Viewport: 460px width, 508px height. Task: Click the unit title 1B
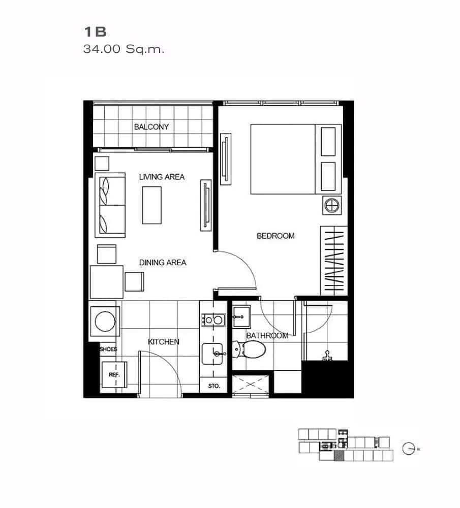pyautogui.click(x=95, y=32)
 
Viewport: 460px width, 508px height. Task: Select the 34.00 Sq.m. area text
pyautogui.click(x=124, y=50)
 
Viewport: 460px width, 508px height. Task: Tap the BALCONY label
pyautogui.click(x=151, y=126)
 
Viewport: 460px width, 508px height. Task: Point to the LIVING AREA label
pyautogui.click(x=162, y=177)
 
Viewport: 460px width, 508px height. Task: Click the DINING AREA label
pyautogui.click(x=163, y=263)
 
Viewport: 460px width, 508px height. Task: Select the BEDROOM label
pyautogui.click(x=275, y=236)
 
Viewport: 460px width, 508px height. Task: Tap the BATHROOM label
pyautogui.click(x=267, y=335)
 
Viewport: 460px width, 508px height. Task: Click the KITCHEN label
pyautogui.click(x=164, y=342)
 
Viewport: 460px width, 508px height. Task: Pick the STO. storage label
pyautogui.click(x=214, y=386)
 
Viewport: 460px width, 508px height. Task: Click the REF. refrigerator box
pyautogui.click(x=114, y=375)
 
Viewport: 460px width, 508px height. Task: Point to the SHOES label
pyautogui.click(x=108, y=349)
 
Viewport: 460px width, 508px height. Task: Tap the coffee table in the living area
pyautogui.click(x=152, y=205)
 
